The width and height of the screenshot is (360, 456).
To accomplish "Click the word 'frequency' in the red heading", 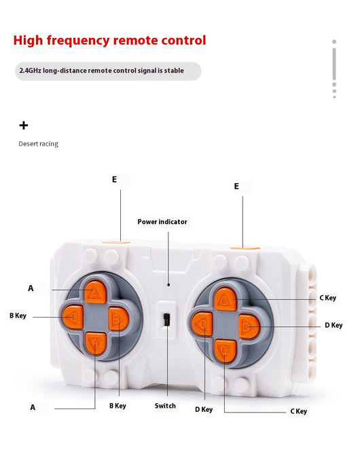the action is [78, 41].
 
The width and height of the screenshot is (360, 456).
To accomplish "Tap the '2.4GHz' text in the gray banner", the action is [31, 71].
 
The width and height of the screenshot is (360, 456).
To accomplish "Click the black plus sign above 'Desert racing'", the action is [24, 126].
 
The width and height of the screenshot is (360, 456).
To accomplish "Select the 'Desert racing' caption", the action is [39, 144].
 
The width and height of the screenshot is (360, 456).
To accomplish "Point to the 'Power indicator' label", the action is [162, 222].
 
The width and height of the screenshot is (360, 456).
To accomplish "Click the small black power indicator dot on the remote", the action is [168, 285].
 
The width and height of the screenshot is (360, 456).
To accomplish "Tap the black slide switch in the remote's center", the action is [166, 320].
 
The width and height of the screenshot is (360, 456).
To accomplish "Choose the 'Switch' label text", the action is [165, 406].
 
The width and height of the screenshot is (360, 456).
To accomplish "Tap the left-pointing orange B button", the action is [73, 317].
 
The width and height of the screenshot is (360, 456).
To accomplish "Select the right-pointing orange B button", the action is [118, 319].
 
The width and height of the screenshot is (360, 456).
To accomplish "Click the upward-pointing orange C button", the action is [226, 299].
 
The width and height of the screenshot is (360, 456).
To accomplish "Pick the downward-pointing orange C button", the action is [225, 350].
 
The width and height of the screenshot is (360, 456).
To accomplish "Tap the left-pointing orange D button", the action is [202, 324].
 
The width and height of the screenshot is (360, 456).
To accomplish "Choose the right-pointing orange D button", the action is [249, 326].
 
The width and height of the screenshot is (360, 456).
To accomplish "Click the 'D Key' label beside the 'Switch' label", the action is [204, 409].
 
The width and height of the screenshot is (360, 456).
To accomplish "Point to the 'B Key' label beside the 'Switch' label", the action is [118, 406].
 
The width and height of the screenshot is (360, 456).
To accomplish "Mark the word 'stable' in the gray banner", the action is [174, 71].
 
